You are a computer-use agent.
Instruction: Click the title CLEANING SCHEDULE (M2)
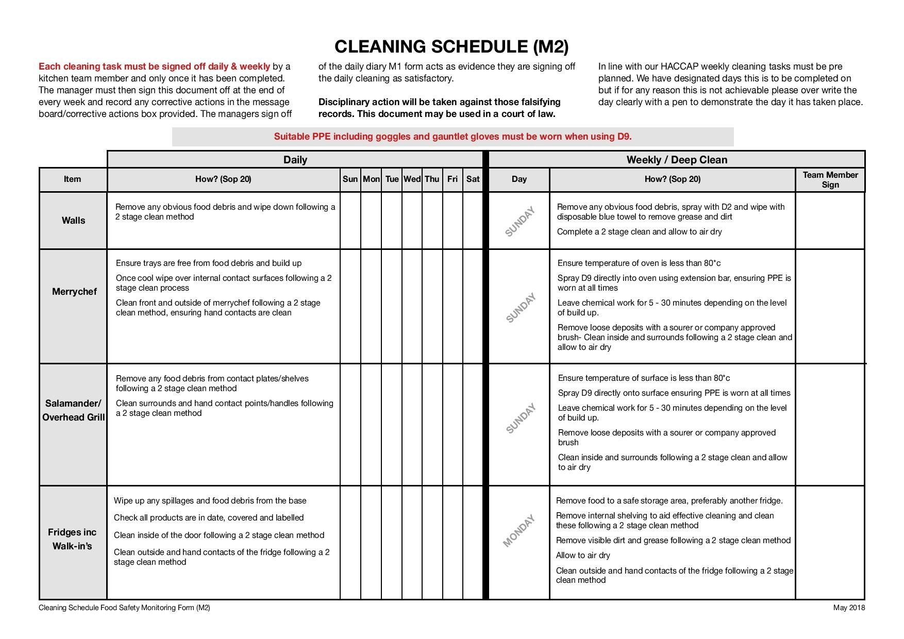coord(451,46)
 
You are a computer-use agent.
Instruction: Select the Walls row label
coord(73,221)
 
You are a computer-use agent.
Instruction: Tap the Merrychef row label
coord(74,292)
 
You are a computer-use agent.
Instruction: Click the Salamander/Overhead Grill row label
coord(73,410)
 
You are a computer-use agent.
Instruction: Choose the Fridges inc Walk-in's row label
coord(72,539)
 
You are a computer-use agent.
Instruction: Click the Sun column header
coord(350,179)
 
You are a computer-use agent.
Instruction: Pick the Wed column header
coord(412,179)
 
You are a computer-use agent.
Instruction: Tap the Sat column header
coord(473,179)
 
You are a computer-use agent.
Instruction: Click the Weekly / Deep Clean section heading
coord(676,160)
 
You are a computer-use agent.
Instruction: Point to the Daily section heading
coord(295,160)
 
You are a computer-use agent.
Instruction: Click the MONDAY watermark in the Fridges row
coord(519,531)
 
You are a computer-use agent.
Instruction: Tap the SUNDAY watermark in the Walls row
coord(520,222)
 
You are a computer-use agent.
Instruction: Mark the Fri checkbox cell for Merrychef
coord(453,306)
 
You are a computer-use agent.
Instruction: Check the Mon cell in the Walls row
coord(371,221)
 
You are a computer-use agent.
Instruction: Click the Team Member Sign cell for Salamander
coord(830,425)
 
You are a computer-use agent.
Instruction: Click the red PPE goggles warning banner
coord(453,137)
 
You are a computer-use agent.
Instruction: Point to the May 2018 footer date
coord(849,608)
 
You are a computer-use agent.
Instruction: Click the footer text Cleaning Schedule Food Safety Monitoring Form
coord(124,608)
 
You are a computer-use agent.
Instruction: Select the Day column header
coord(519,179)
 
